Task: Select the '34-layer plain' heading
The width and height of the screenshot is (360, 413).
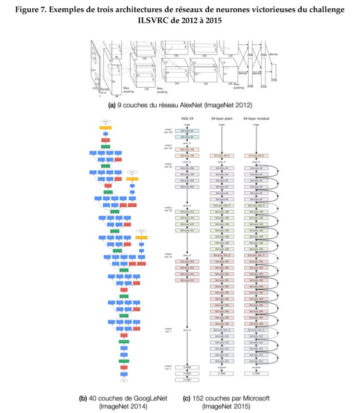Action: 222,117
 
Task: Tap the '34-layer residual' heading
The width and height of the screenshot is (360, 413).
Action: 256,117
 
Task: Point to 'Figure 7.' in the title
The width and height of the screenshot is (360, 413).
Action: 32,10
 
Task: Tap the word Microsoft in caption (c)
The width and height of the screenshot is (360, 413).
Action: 249,398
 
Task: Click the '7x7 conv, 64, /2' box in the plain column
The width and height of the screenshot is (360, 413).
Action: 222,155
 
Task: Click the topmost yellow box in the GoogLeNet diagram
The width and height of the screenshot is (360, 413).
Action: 106,128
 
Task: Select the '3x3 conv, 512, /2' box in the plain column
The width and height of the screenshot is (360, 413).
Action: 222,330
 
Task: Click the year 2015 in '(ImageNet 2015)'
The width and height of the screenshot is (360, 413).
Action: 241,407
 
